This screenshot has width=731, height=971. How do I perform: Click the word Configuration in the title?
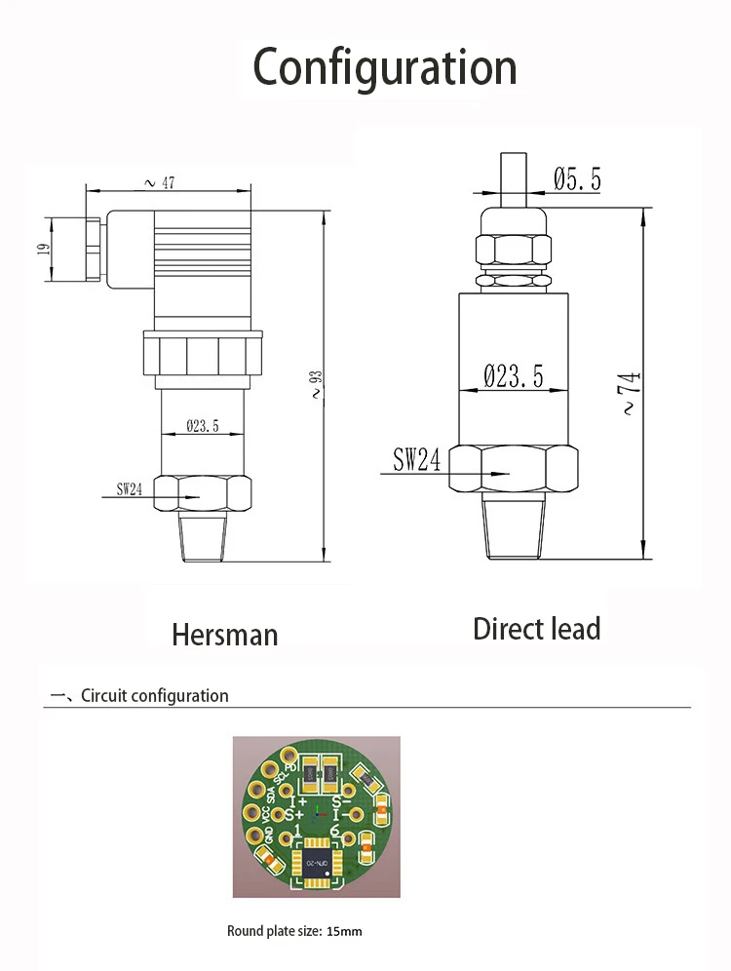coord(385,67)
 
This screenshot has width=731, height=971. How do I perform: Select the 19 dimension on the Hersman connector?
coord(43,250)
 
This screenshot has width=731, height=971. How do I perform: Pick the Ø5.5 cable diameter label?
coord(577,179)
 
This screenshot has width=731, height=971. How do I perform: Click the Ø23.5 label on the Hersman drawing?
coord(202,426)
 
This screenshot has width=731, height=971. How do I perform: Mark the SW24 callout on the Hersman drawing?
coord(130,489)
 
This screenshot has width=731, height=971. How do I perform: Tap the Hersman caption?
coord(225,635)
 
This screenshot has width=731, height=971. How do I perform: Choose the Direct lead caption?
coord(536,629)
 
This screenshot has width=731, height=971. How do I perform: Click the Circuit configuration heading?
coord(154,696)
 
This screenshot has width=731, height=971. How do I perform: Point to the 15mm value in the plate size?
coord(344,931)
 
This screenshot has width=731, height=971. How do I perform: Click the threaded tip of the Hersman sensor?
coord(204,538)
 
